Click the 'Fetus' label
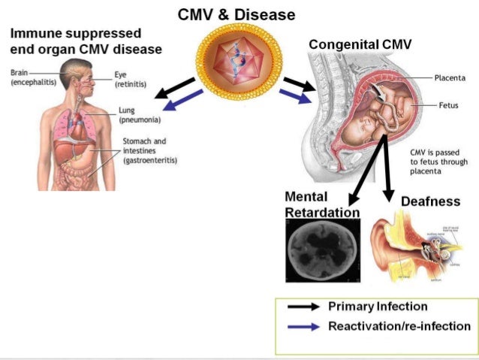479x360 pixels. [448, 105]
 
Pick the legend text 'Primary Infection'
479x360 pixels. [378, 307]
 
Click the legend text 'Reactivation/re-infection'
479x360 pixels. [399, 326]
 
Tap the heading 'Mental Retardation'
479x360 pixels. [321, 204]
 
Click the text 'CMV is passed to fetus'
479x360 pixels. [438, 161]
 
